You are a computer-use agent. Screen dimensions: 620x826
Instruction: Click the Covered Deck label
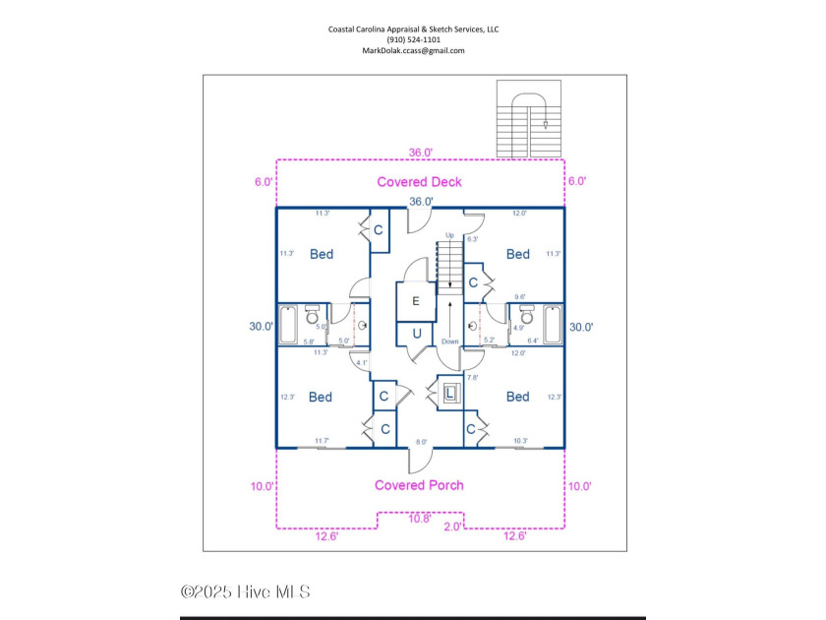(419, 182)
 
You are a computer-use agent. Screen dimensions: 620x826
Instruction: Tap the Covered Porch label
(419, 485)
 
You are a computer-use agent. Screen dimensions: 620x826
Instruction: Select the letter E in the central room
(415, 301)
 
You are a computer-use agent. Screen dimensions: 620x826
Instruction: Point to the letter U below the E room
(416, 334)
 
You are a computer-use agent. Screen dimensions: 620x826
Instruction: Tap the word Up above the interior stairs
(450, 236)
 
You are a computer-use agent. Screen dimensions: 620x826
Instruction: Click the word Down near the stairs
(450, 341)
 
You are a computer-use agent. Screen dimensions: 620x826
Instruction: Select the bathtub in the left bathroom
(288, 325)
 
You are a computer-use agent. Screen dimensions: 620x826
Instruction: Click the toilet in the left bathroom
(313, 317)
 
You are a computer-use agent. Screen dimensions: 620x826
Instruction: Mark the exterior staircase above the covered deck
(527, 119)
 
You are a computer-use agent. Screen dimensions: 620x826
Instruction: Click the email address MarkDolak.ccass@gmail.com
(413, 50)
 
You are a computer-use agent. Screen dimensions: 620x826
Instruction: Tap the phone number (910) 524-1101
(413, 39)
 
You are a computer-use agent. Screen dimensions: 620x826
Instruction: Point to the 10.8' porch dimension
(419, 518)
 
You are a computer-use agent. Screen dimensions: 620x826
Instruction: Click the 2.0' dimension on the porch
(453, 527)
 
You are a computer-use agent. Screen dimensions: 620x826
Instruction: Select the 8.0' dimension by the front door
(422, 443)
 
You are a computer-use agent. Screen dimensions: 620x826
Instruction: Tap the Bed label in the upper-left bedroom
(321, 254)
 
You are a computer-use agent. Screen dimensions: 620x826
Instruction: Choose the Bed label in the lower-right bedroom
(517, 397)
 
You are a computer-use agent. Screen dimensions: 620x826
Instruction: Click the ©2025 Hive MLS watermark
(246, 591)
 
